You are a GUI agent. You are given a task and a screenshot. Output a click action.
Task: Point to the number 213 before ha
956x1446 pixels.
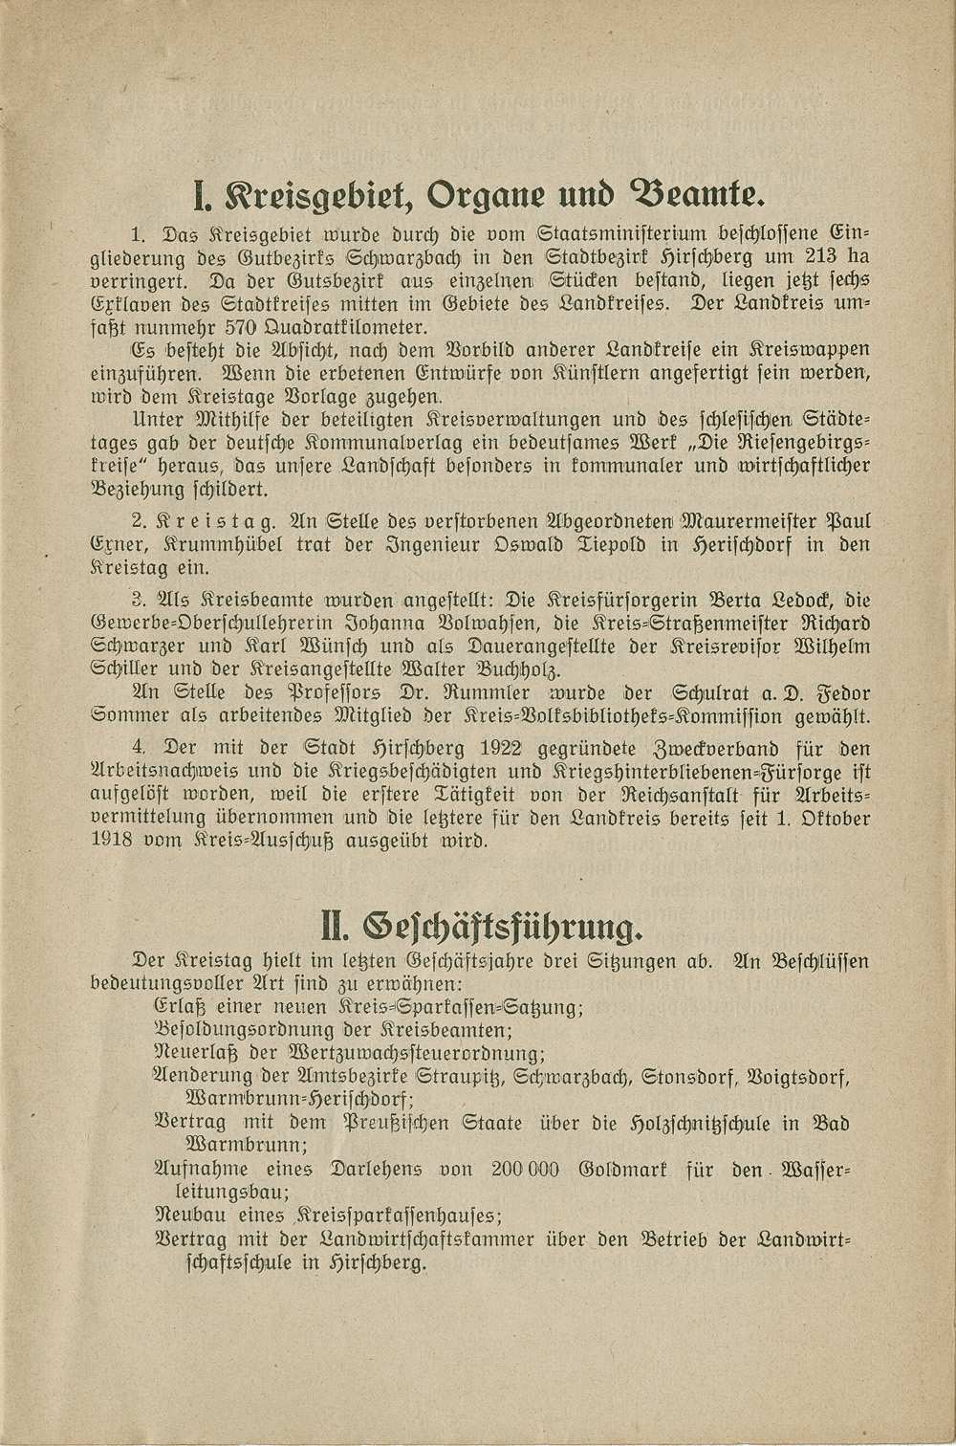coord(804,257)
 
